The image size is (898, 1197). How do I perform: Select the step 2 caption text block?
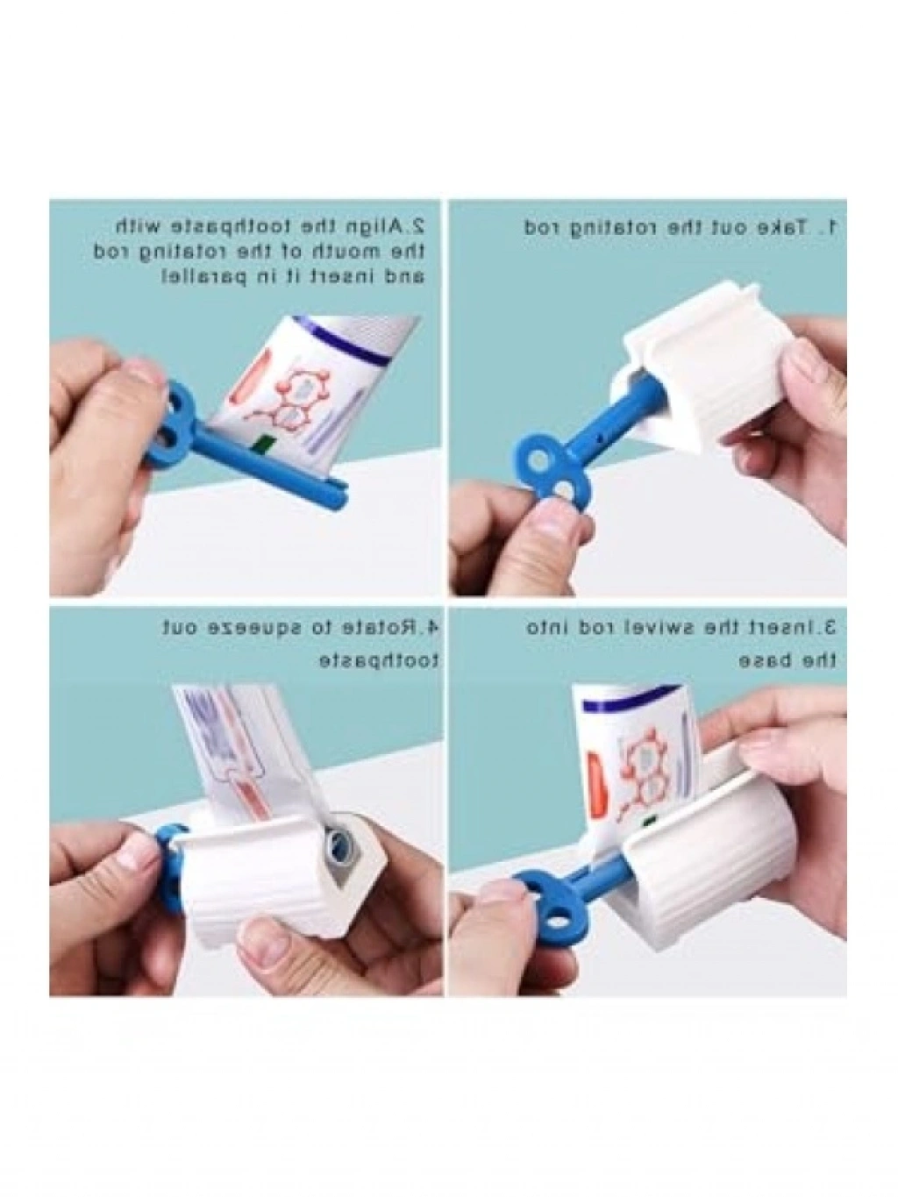[x=259, y=252]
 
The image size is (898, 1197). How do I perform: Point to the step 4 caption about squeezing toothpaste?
[x=301, y=644]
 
